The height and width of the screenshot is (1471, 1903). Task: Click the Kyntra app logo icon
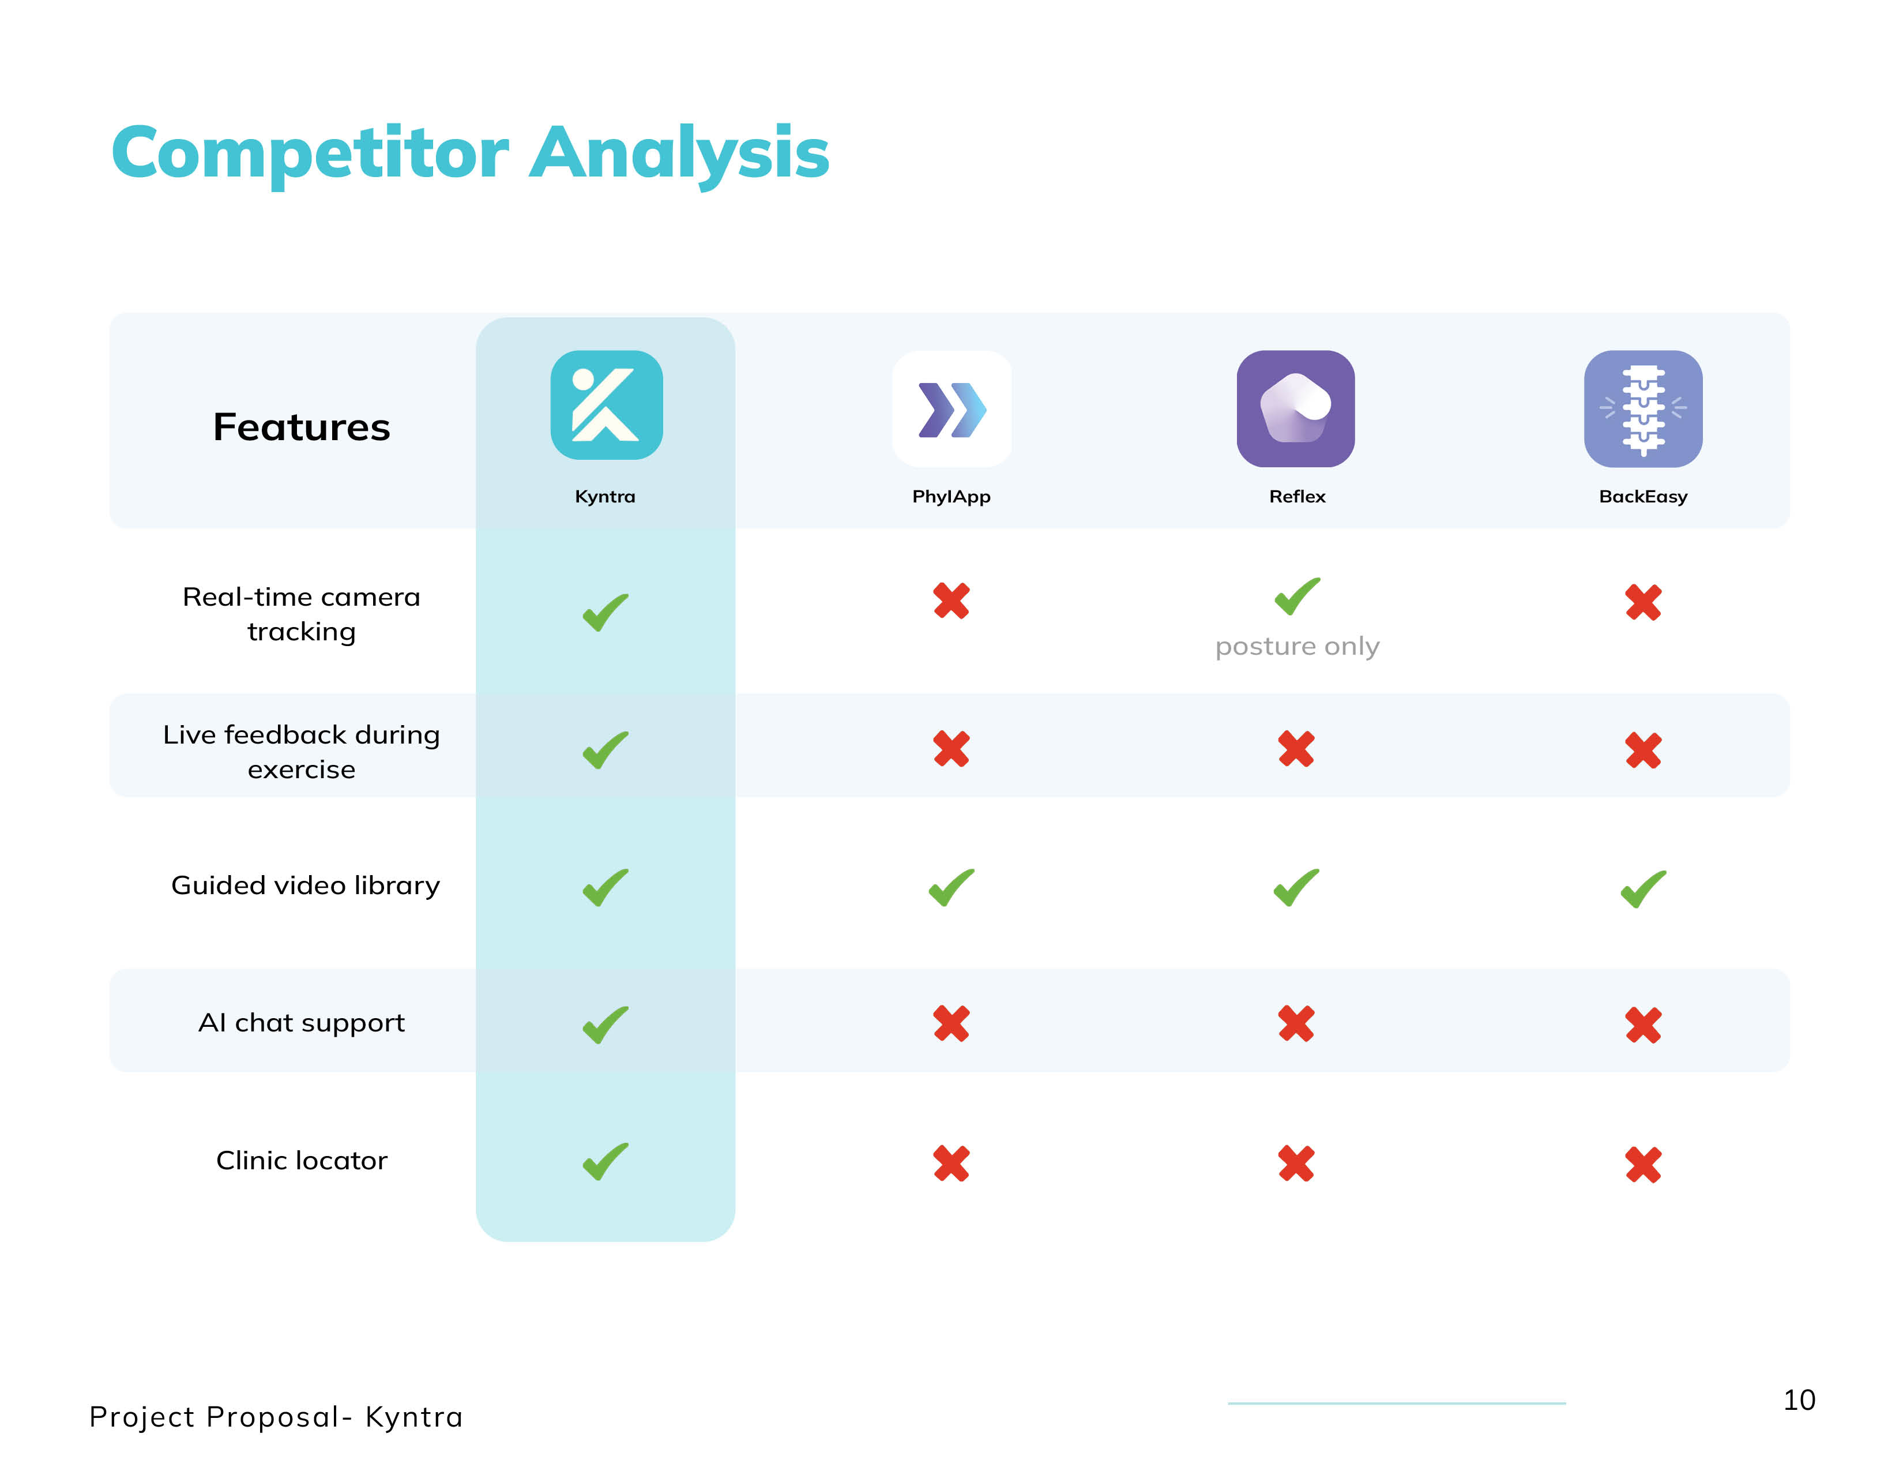(x=607, y=405)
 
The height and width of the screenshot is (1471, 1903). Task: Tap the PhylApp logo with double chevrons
(x=951, y=409)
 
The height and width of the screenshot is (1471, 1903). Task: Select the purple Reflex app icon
(x=1296, y=409)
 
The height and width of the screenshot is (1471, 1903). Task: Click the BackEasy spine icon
(x=1643, y=409)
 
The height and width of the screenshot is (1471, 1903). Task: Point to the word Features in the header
(x=302, y=427)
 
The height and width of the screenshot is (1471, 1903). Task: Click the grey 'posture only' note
(x=1297, y=647)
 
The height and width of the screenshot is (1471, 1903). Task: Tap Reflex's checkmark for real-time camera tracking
(x=1297, y=596)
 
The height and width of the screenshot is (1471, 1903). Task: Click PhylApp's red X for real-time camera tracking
(x=951, y=601)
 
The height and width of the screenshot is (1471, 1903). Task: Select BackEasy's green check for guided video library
(x=1643, y=889)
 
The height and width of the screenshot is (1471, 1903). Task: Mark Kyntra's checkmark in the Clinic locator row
(x=605, y=1162)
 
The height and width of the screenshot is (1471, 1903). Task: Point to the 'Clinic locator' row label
(x=302, y=1160)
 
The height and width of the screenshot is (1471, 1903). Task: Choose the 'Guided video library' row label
(x=305, y=885)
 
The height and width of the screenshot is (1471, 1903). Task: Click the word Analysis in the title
(x=680, y=154)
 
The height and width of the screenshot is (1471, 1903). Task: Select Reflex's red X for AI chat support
(x=1296, y=1023)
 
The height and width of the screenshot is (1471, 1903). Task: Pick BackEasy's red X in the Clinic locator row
(x=1643, y=1164)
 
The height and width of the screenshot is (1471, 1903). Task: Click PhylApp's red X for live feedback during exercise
(x=951, y=749)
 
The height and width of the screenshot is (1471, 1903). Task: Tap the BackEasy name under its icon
(x=1643, y=497)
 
